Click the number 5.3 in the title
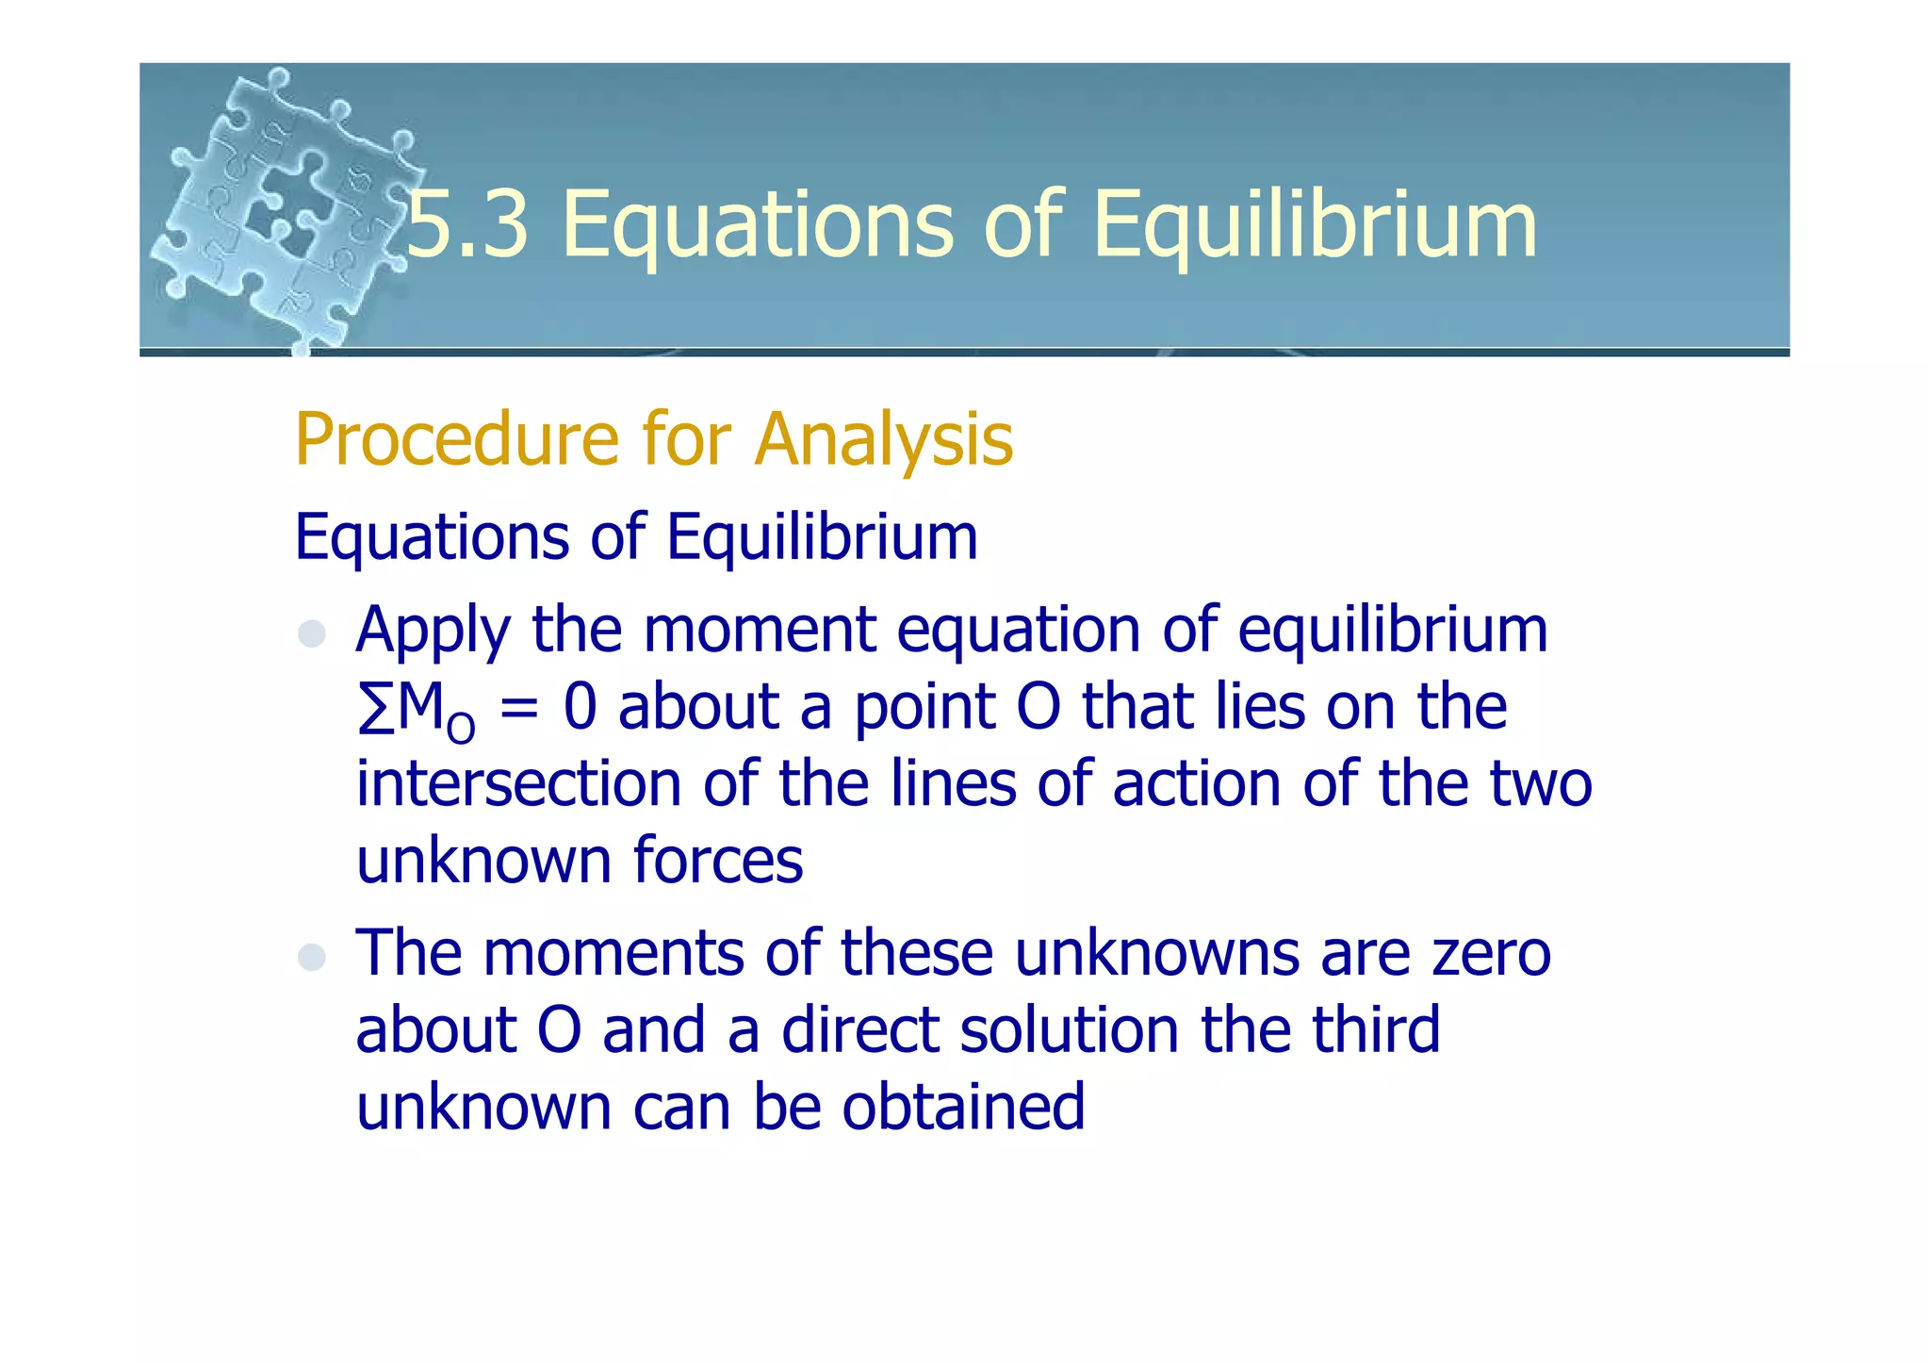(467, 224)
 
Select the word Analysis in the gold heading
(884, 441)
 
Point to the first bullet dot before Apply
(312, 633)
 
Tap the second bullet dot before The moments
(312, 957)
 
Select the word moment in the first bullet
(760, 630)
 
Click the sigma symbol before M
(375, 709)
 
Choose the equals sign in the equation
(519, 709)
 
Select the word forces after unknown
(718, 861)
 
